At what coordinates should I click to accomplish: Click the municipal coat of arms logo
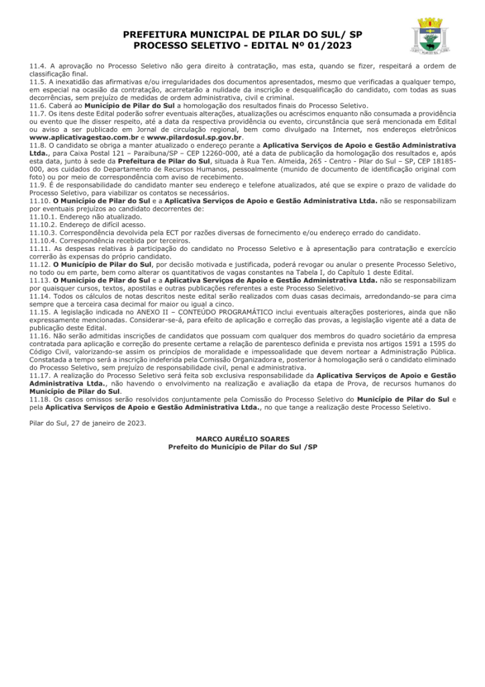[x=431, y=37]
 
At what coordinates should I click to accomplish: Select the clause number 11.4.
[x=38, y=66]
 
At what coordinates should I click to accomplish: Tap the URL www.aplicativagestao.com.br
[x=84, y=137]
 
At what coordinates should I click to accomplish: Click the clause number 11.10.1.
[x=42, y=217]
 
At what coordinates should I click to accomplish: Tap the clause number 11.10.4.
[x=42, y=240]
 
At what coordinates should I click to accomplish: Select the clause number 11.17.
[x=40, y=375]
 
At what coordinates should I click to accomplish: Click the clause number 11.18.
[x=40, y=399]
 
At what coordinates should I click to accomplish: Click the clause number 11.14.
[x=40, y=295]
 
